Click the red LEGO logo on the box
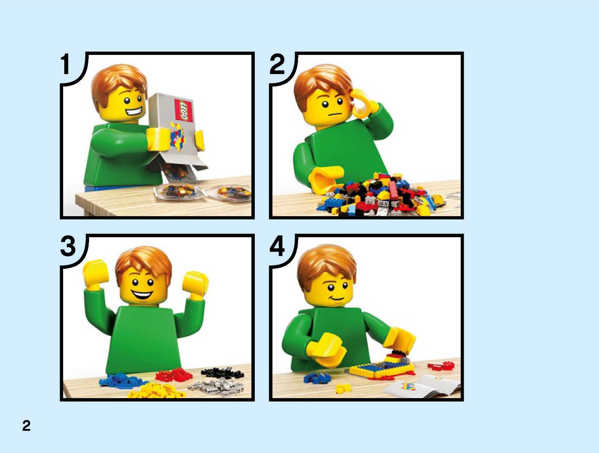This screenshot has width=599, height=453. (x=184, y=110)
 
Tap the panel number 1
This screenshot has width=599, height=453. (x=65, y=64)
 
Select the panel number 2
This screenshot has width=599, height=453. (x=277, y=64)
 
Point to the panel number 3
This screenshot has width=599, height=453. (x=68, y=246)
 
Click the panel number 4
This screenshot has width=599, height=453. (x=277, y=246)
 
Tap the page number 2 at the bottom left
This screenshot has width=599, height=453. (x=26, y=426)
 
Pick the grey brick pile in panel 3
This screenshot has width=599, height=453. (x=216, y=385)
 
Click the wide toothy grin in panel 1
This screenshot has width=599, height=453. (x=133, y=112)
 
